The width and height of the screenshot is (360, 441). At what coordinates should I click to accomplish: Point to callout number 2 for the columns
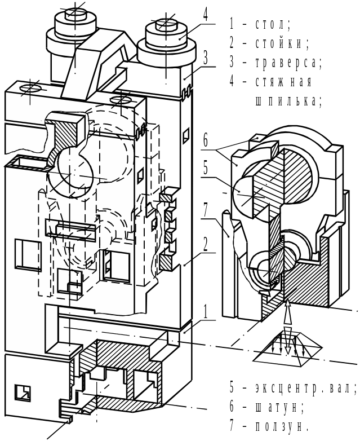click(x=206, y=244)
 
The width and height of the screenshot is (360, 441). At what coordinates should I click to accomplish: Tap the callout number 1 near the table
click(x=206, y=311)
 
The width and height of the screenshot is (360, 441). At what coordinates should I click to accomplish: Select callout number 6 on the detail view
click(x=206, y=140)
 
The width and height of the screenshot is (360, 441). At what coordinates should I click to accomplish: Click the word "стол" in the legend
click(x=273, y=24)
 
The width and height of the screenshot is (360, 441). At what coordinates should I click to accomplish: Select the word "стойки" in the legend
click(x=282, y=43)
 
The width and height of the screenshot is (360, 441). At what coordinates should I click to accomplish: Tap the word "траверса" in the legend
click(x=288, y=63)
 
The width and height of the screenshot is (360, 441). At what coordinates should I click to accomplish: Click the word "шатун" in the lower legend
click(x=279, y=407)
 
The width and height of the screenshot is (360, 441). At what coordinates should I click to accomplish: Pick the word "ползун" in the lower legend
click(x=282, y=427)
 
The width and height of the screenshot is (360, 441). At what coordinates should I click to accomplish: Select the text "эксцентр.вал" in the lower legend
click(x=306, y=388)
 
